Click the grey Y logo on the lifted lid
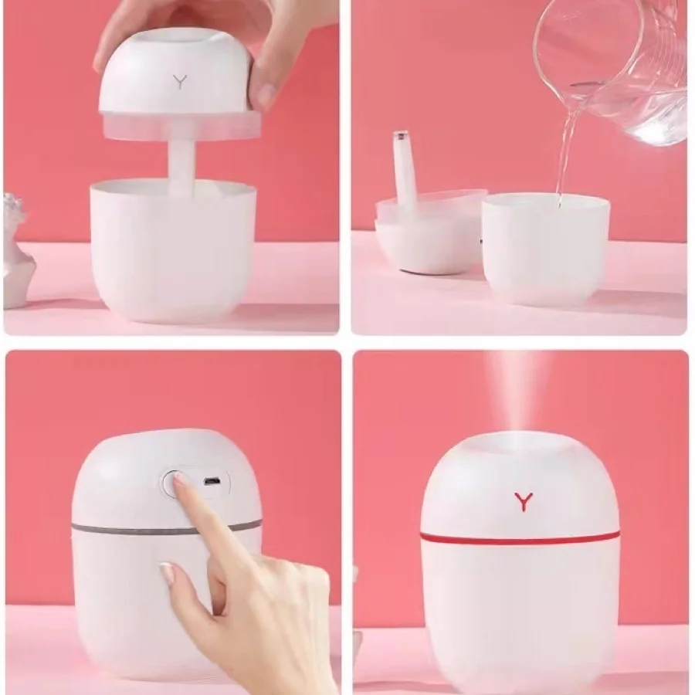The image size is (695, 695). click(x=180, y=81)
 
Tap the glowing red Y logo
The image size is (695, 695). click(x=524, y=501)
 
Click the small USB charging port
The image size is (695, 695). click(x=208, y=482)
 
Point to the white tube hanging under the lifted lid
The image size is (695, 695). click(x=181, y=166)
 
